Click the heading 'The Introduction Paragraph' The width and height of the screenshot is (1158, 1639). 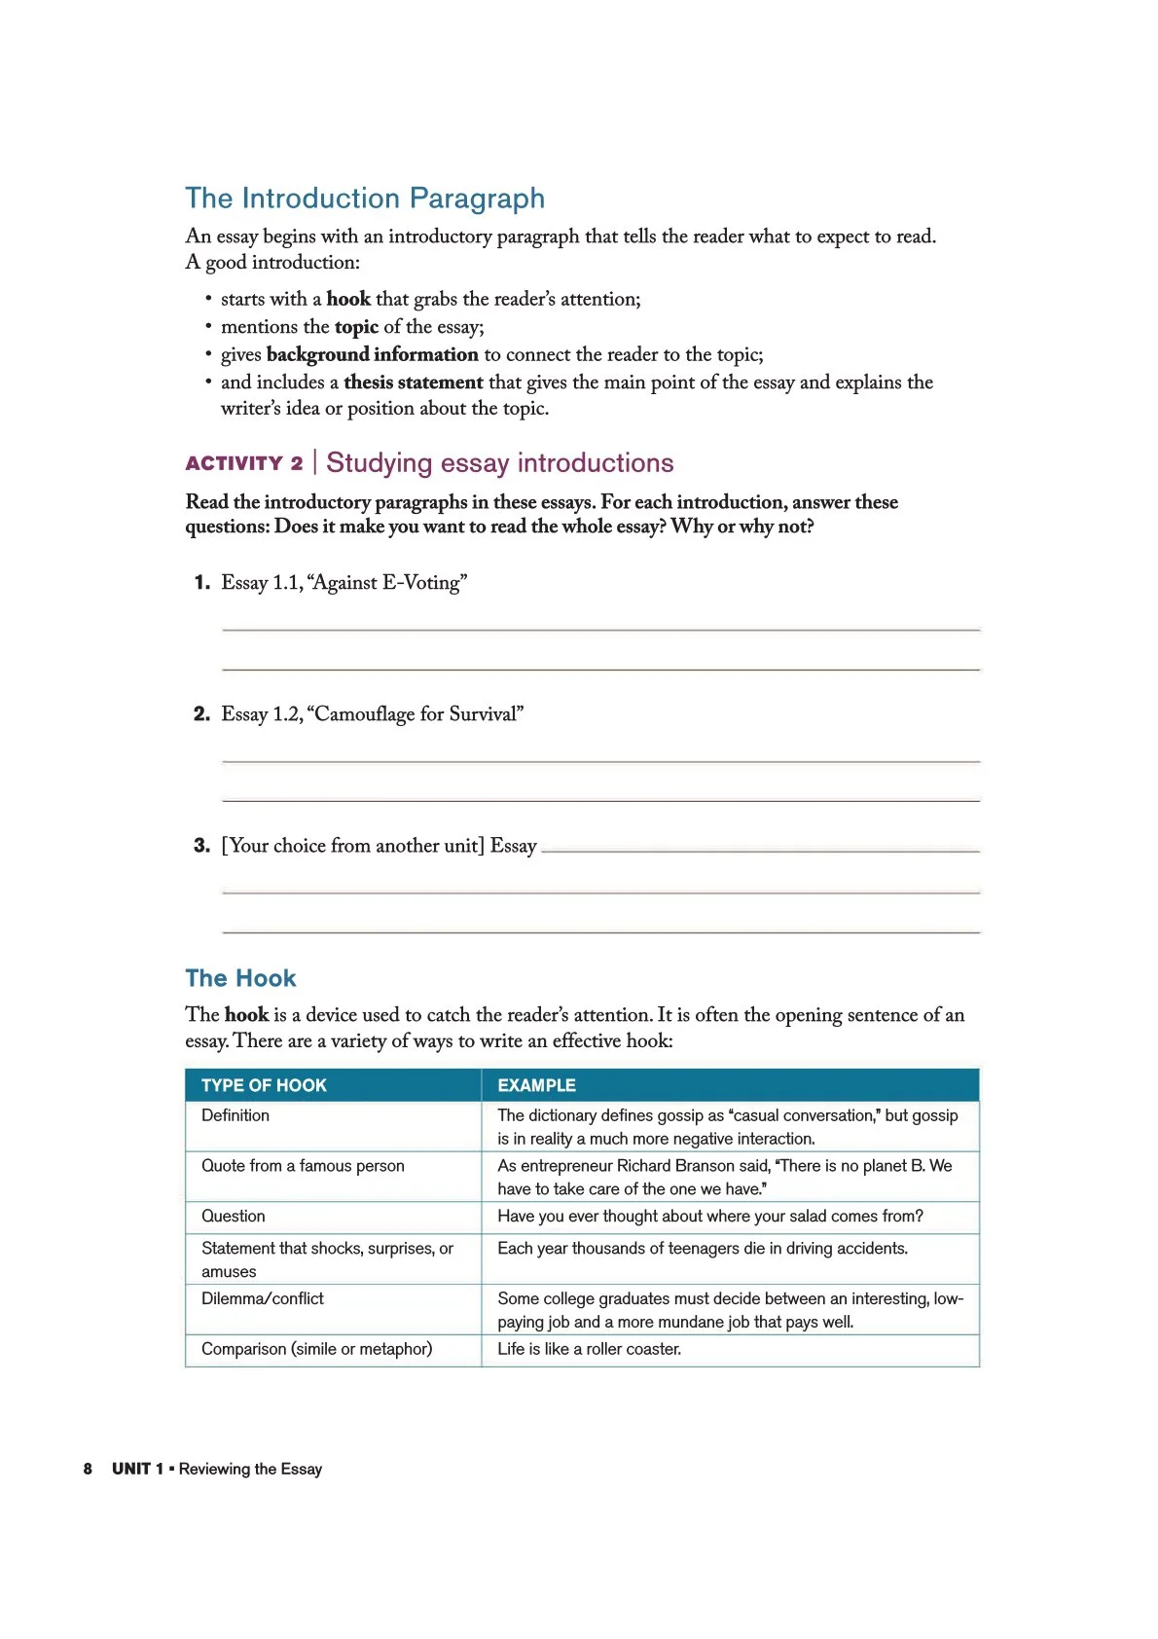click(x=365, y=199)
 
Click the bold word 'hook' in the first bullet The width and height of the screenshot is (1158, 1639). click(x=348, y=299)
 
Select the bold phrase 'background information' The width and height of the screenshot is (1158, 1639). click(x=372, y=354)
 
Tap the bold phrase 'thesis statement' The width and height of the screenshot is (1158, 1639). click(x=413, y=382)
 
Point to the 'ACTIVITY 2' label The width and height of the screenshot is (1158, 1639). click(x=244, y=463)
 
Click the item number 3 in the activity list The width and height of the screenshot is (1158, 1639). click(x=201, y=846)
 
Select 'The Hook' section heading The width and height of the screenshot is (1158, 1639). click(x=240, y=978)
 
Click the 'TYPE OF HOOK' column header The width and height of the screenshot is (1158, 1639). click(x=264, y=1085)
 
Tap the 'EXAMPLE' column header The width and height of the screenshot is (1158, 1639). click(x=536, y=1085)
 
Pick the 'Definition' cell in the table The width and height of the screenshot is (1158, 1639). click(x=235, y=1115)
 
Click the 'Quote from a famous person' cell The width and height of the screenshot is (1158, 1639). click(x=303, y=1166)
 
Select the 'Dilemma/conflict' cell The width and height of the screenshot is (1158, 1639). click(x=263, y=1298)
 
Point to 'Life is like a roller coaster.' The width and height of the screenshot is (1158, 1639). click(x=589, y=1349)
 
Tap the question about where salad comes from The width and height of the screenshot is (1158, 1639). click(x=709, y=1217)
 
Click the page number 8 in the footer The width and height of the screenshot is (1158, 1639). click(x=88, y=1469)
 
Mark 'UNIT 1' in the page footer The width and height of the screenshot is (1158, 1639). click(x=137, y=1469)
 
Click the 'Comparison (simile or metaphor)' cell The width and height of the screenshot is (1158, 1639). click(x=316, y=1349)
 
